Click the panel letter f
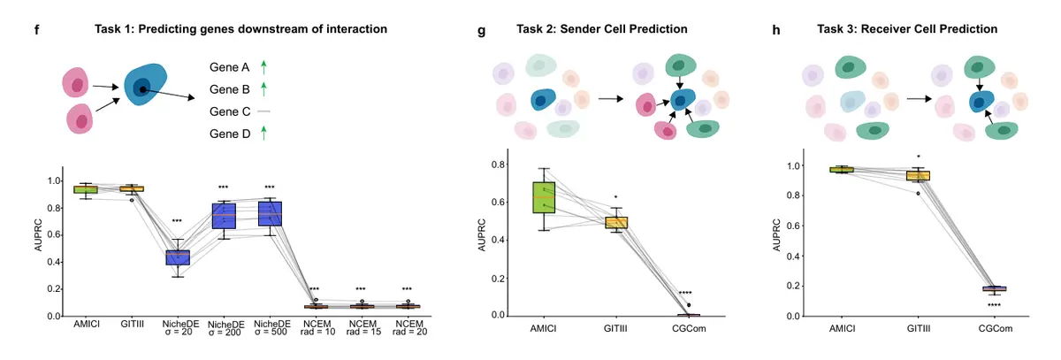(37, 29)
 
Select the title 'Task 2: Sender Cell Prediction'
(601, 29)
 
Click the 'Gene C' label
(229, 112)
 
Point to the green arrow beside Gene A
(264, 66)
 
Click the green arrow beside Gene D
(264, 134)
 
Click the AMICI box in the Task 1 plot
(86, 189)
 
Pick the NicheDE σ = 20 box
(179, 257)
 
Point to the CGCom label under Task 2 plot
(689, 329)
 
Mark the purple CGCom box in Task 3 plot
(996, 288)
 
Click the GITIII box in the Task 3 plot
(920, 176)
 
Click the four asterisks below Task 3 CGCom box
(996, 305)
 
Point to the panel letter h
(775, 29)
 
